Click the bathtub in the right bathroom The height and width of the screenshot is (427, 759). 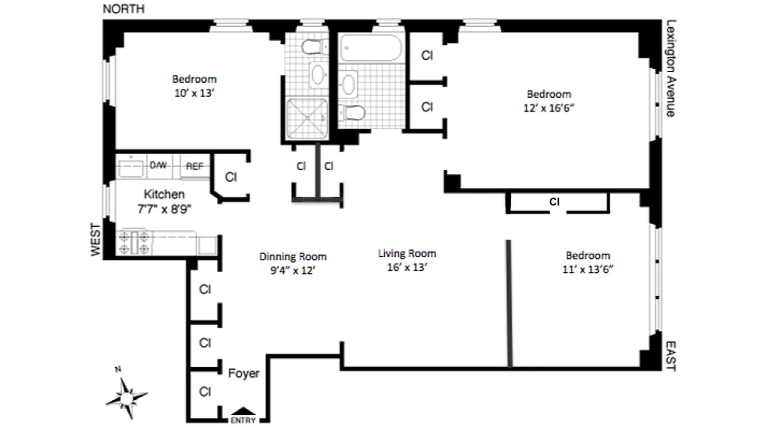pos(371,49)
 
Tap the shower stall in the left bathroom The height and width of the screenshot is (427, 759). pos(307,118)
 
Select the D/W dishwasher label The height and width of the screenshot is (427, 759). pos(158,165)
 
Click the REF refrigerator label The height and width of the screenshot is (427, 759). pos(194,166)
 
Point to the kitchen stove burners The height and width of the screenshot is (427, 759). pos(135,242)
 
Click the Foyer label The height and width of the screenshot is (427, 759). pos(244,373)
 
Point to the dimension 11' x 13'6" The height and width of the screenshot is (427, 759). pos(588,269)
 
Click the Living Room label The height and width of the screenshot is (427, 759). pos(407,254)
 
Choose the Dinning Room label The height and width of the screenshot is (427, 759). pos(293,257)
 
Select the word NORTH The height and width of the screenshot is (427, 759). pos(123,9)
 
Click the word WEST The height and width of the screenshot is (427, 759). pos(96,240)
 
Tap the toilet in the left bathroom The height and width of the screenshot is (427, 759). pos(314,48)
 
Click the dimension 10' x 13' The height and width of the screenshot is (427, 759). pos(194,92)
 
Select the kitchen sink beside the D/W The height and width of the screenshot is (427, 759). pos(130,167)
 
